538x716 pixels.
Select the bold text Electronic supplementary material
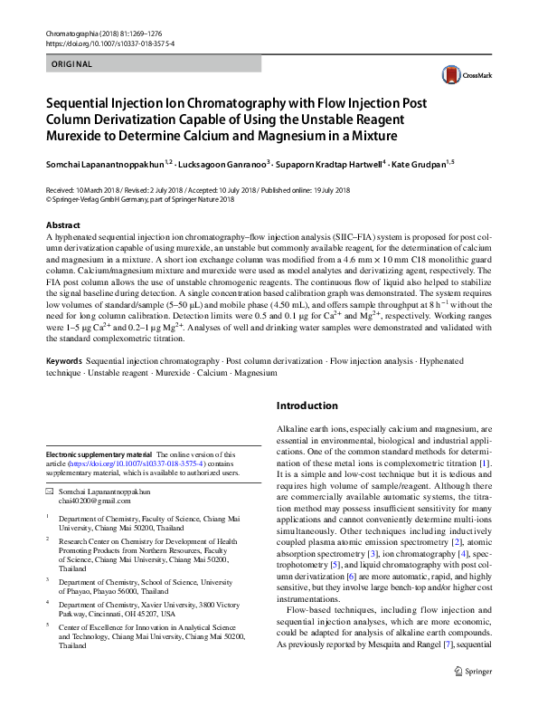(99, 454)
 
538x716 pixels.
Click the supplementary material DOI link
(144, 463)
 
